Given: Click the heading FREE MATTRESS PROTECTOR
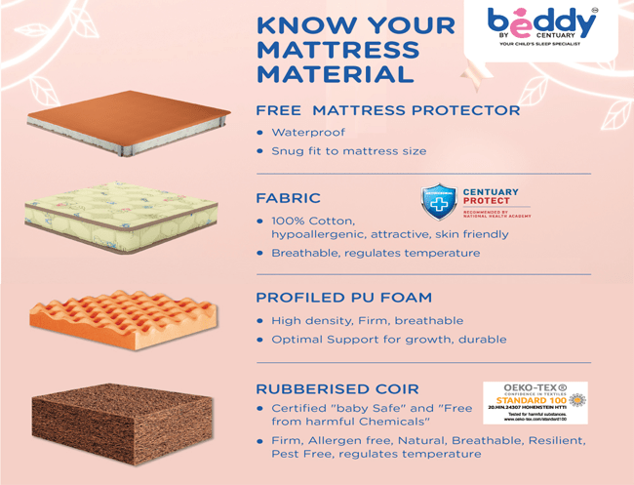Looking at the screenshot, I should tap(387, 109).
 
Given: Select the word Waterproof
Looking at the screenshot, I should tap(308, 132).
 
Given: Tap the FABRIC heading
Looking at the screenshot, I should tap(288, 198).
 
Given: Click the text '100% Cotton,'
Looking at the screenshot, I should tap(313, 221).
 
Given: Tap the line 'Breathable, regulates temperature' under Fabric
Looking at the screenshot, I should tap(376, 253).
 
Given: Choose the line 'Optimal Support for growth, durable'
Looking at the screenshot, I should tap(388, 340).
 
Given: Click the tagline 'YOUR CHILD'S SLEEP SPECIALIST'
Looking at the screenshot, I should tap(542, 45).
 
